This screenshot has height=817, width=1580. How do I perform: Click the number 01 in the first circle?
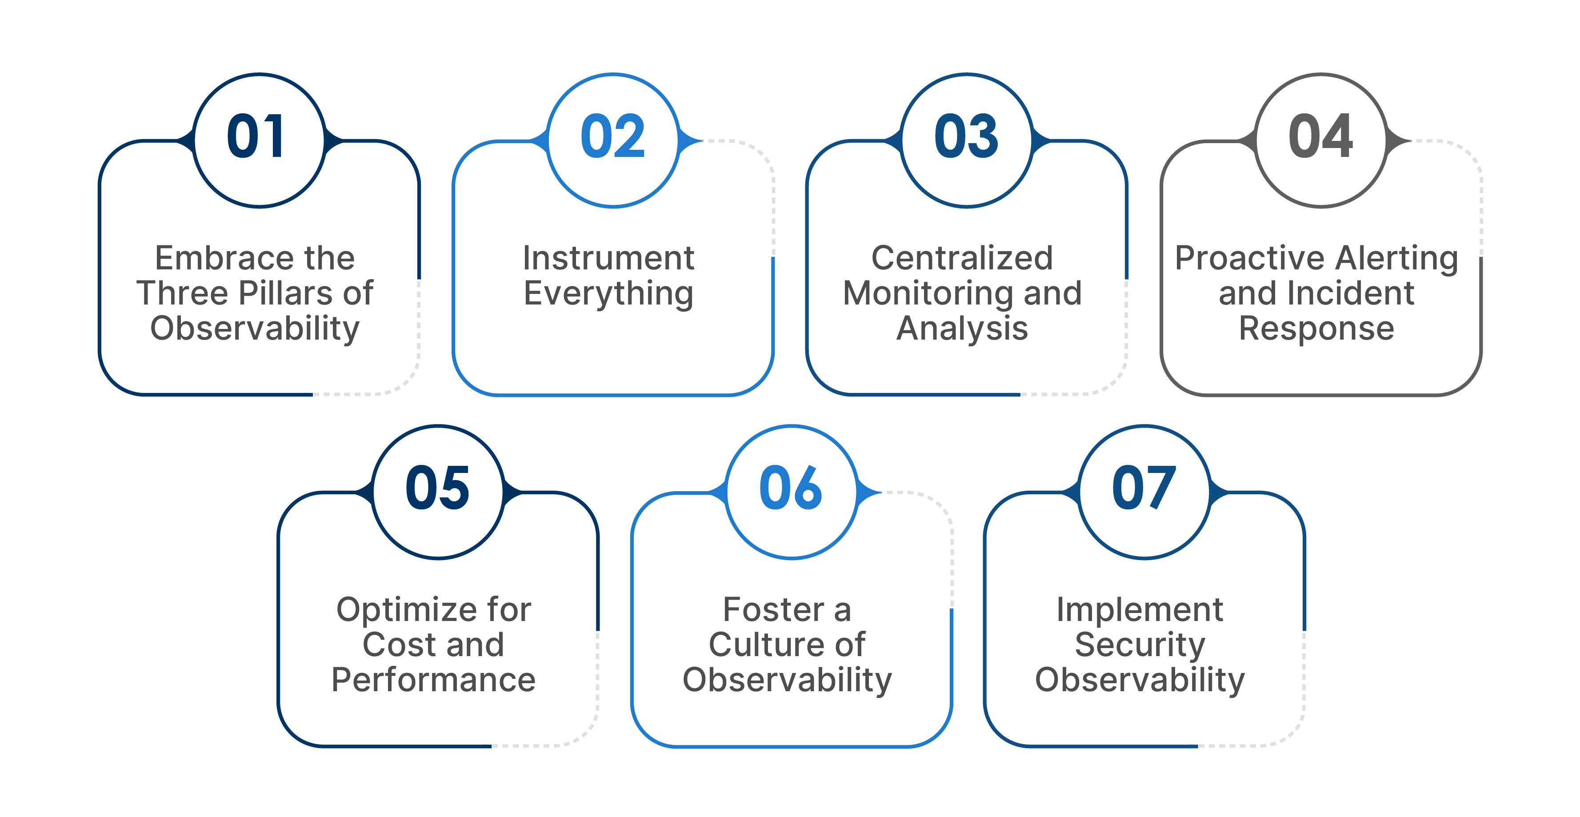[256, 137]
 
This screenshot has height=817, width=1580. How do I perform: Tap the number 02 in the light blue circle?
[612, 137]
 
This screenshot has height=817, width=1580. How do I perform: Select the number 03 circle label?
[966, 137]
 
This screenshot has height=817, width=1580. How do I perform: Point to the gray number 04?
[1320, 137]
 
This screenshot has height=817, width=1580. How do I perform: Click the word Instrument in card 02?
[608, 258]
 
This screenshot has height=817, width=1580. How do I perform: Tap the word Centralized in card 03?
[962, 258]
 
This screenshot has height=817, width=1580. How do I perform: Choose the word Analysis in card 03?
[962, 329]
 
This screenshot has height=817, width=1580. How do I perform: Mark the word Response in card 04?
[1316, 329]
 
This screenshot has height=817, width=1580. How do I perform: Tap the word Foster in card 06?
[773, 610]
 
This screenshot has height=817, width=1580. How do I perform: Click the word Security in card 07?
[1140, 645]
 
